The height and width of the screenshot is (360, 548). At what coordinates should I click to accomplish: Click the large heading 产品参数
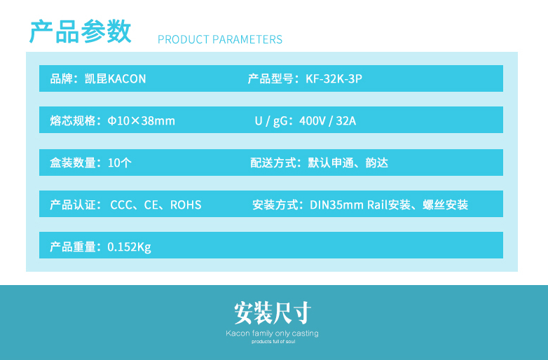coord(81,32)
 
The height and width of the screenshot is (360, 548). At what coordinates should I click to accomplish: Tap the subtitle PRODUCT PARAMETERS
coord(220,39)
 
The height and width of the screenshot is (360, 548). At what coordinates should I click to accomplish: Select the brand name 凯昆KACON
coord(115,78)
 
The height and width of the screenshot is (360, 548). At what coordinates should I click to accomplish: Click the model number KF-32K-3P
coord(334,78)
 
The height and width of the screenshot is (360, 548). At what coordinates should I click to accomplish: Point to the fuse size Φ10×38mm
coord(141,120)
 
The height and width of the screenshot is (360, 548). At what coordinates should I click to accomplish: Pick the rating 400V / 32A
coord(328,120)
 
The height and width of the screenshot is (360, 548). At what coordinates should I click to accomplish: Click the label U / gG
coord(271,121)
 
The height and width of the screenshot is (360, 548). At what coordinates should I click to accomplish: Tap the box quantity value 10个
coord(120,162)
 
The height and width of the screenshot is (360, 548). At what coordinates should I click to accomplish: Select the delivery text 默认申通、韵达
coord(348,162)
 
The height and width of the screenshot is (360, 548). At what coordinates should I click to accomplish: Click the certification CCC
coord(122,205)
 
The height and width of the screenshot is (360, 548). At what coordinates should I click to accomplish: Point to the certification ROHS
coord(186,205)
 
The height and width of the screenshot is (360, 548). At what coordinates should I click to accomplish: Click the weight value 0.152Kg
coord(130,247)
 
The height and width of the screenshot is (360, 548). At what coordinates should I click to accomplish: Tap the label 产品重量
coord(73,247)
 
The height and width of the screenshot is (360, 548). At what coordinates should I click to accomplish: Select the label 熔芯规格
coord(73,120)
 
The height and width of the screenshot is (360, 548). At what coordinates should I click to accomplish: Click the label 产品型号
coord(270,78)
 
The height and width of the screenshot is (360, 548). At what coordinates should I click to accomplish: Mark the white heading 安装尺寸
coord(273,313)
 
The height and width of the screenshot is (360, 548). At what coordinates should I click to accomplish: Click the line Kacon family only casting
coord(273,333)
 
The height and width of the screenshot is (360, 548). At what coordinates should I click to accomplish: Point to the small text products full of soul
coord(273,342)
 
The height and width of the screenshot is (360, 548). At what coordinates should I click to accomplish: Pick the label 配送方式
coord(273,162)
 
